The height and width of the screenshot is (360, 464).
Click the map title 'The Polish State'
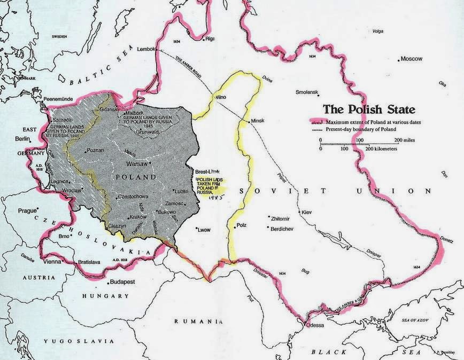pos(368,111)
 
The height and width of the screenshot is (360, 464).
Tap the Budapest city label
pos(123,281)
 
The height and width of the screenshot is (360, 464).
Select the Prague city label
pos(27,210)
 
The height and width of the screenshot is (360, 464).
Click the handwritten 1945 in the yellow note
pos(205,196)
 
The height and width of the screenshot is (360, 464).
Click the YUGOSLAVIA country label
pos(81,340)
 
